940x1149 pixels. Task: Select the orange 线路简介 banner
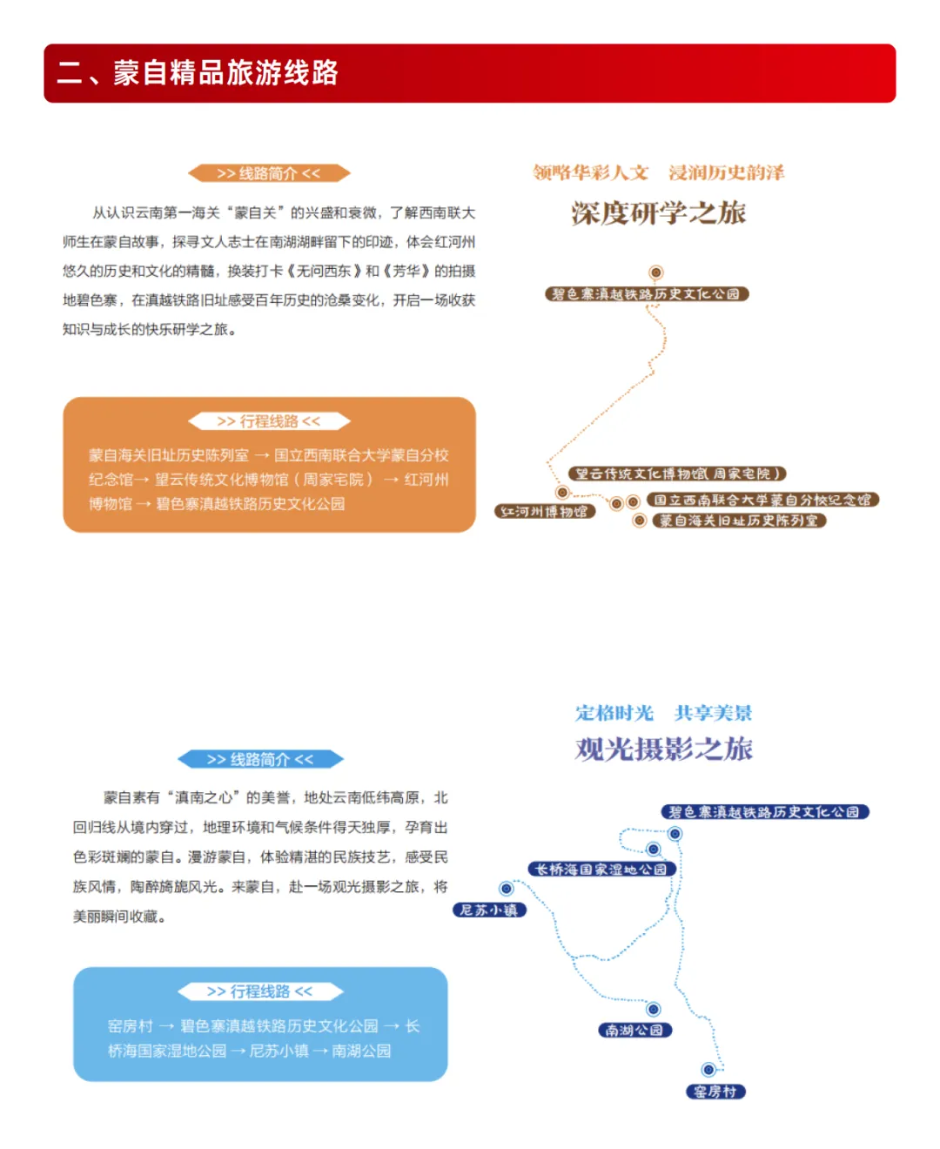pos(269,173)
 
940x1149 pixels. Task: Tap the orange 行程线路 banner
pos(269,421)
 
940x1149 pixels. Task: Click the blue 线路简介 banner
pos(260,759)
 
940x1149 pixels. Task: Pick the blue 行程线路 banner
pos(260,991)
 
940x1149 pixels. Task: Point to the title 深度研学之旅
pos(659,213)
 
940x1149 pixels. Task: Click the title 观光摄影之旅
pos(663,749)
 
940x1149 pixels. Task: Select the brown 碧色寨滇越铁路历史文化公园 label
pos(647,294)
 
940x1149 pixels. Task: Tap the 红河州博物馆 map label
pos(545,511)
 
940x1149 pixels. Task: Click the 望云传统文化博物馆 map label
pos(677,474)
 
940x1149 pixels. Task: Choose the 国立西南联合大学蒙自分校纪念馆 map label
pos(762,500)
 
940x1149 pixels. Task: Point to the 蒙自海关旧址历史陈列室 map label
pos(739,521)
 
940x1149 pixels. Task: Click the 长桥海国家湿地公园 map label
pos(601,869)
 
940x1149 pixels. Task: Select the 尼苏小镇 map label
pos(489,910)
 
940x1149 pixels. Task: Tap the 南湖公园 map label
pos(634,1030)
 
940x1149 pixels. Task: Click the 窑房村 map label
pos(715,1092)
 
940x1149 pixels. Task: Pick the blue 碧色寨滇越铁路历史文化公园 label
pos(764,812)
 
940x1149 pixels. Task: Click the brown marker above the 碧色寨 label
pos(656,272)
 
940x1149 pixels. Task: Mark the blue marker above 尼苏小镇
pos(507,889)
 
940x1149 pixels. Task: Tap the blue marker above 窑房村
pos(708,1070)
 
